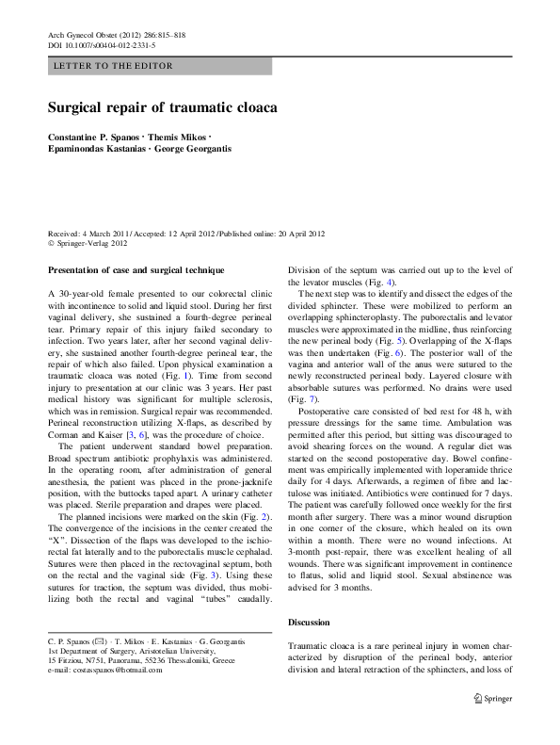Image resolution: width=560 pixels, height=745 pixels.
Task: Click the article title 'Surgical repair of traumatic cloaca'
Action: coord(162,108)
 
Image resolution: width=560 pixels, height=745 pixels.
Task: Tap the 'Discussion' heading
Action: coord(309,624)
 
